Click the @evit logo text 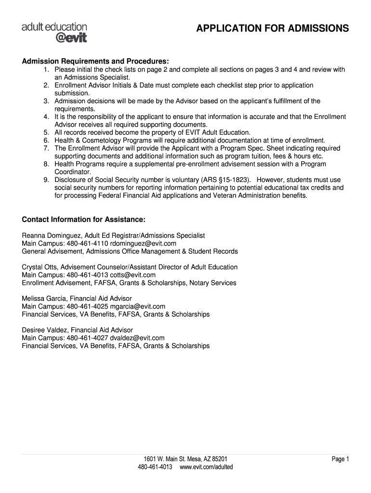tap(70, 38)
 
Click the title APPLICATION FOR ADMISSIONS tap(273, 29)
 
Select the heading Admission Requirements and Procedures tap(95, 62)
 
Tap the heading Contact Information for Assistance tap(83, 220)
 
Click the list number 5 tap(46, 132)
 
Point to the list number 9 tap(46, 180)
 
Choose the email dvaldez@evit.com tap(137, 338)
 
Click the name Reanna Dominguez tap(52, 235)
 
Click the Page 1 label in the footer tap(340, 459)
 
